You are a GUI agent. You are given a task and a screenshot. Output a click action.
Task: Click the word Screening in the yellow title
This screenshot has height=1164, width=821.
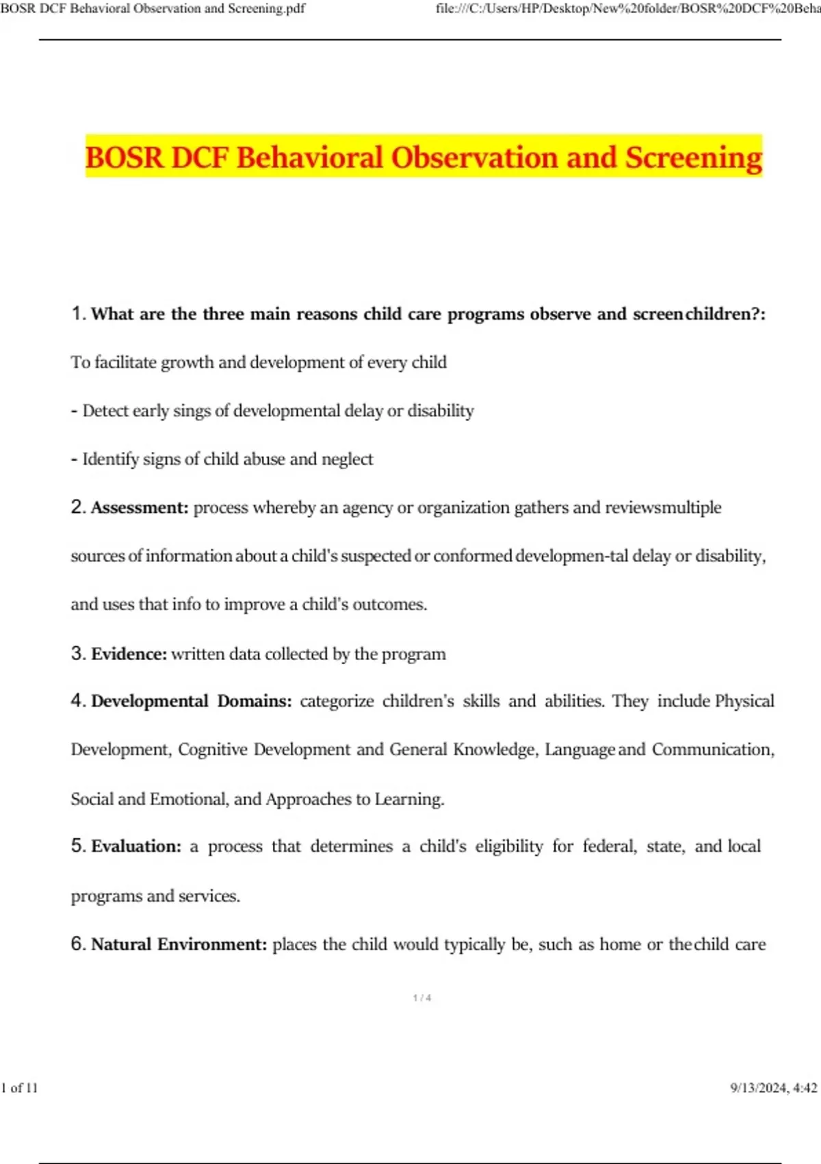click(x=693, y=157)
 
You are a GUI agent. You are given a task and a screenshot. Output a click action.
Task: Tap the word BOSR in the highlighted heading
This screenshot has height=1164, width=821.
click(x=125, y=157)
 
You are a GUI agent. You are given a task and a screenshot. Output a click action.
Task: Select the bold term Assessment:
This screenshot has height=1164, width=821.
click(x=140, y=508)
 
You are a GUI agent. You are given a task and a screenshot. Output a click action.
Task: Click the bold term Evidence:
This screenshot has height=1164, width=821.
click(x=129, y=654)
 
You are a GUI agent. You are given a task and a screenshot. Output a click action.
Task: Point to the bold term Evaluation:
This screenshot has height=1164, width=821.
click(x=136, y=847)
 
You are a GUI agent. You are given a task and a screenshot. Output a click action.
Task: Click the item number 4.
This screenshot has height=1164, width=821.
click(x=77, y=701)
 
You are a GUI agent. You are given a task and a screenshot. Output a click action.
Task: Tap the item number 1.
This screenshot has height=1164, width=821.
click(x=77, y=314)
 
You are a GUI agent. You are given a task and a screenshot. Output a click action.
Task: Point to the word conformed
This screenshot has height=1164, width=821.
click(x=472, y=556)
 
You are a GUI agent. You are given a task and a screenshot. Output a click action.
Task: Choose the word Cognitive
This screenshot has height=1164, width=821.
click(x=212, y=750)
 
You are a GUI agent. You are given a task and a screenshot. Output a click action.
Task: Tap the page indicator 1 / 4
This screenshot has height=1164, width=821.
click(x=422, y=998)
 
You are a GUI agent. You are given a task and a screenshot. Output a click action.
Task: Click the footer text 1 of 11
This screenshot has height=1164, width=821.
click(x=20, y=1088)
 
